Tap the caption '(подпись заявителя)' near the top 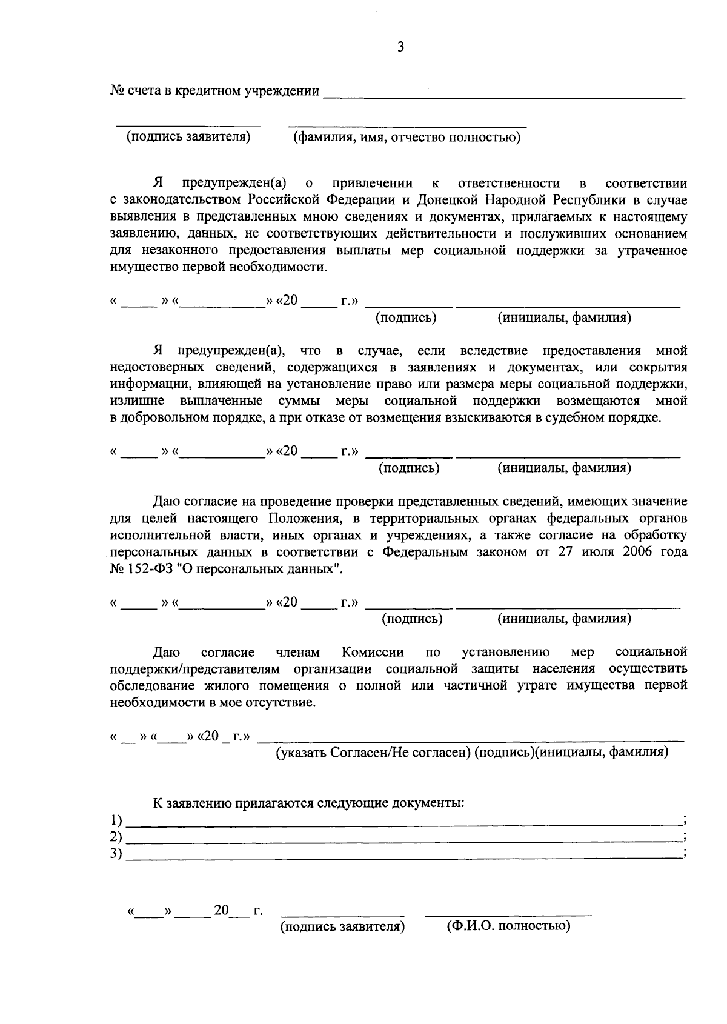(x=188, y=137)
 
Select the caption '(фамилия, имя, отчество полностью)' (x=407, y=138)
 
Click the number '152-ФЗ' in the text (x=148, y=570)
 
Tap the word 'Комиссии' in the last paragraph (x=373, y=653)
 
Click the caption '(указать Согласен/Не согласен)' (x=373, y=753)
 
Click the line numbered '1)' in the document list (x=403, y=823)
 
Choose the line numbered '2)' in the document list (x=403, y=840)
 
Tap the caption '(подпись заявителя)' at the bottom (x=342, y=927)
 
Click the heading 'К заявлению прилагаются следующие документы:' (x=309, y=803)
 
